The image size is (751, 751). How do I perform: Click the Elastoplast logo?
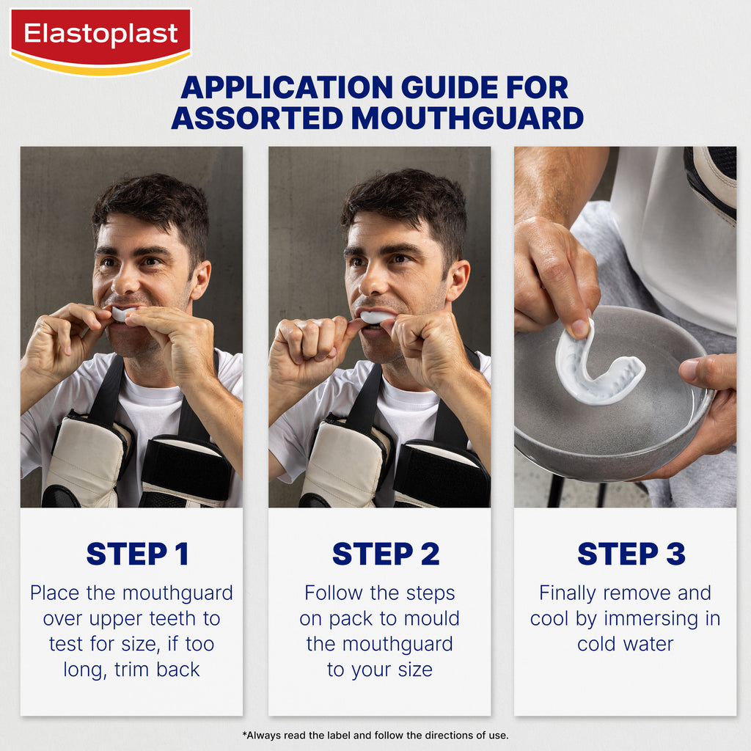coord(100,41)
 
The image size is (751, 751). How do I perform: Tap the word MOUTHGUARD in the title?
coord(467,118)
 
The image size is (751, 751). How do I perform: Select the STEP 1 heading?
coord(137,554)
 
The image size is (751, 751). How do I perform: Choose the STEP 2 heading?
coord(386,554)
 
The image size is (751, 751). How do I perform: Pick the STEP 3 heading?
coord(631,554)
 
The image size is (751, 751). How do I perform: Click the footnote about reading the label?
coord(375,735)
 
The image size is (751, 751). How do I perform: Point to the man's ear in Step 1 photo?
coord(201,279)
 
